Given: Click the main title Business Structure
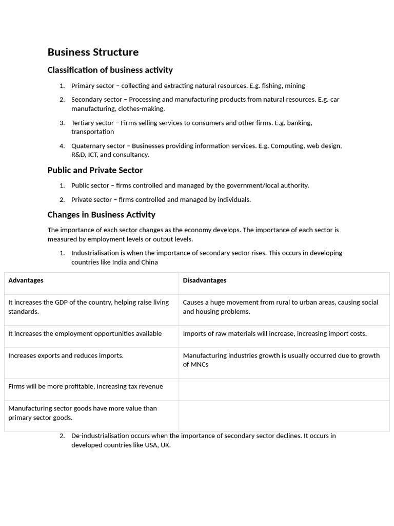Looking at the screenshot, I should [x=93, y=52].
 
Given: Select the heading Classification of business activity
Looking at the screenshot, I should [x=110, y=70].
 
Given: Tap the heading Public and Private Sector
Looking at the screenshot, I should [x=95, y=170].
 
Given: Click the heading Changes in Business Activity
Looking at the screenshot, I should [x=101, y=215].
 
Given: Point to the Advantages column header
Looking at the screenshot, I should [x=26, y=280].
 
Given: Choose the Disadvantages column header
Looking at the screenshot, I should [x=204, y=280].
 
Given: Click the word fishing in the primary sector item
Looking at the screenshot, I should [x=272, y=86].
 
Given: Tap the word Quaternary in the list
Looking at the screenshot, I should [x=88, y=146].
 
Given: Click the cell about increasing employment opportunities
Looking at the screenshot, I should [x=85, y=334].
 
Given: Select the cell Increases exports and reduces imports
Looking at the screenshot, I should [x=66, y=355].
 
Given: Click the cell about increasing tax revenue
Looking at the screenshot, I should [x=85, y=386].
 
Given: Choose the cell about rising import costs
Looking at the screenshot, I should [x=274, y=334].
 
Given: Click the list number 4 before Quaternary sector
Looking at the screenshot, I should [x=62, y=146].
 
